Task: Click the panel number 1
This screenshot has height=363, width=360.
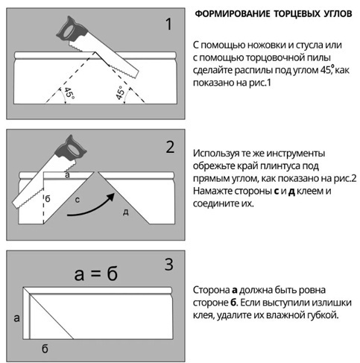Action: pos(168,24)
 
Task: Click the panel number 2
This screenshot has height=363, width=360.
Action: pos(170,147)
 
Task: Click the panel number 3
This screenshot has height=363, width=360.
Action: pos(169,265)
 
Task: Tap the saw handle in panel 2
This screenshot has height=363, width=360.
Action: pos(72,148)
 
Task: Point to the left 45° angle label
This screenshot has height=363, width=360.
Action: pos(69,93)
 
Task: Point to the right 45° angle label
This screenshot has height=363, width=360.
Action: pos(120,92)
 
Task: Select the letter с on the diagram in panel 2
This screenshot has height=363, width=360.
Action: pos(78,200)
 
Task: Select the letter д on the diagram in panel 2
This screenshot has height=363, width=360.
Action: pos(126,212)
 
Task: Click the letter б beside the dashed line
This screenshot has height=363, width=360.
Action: pos(48,198)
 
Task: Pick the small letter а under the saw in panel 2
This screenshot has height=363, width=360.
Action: pos(67,175)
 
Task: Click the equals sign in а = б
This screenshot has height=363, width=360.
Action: pos(95,274)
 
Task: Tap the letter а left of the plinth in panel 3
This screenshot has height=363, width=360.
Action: pos(16,318)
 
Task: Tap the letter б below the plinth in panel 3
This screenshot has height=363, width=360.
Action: pos(45,349)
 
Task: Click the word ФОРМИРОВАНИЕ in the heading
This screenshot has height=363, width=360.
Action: pos(233,13)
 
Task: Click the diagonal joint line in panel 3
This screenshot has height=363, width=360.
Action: pos(51,317)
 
